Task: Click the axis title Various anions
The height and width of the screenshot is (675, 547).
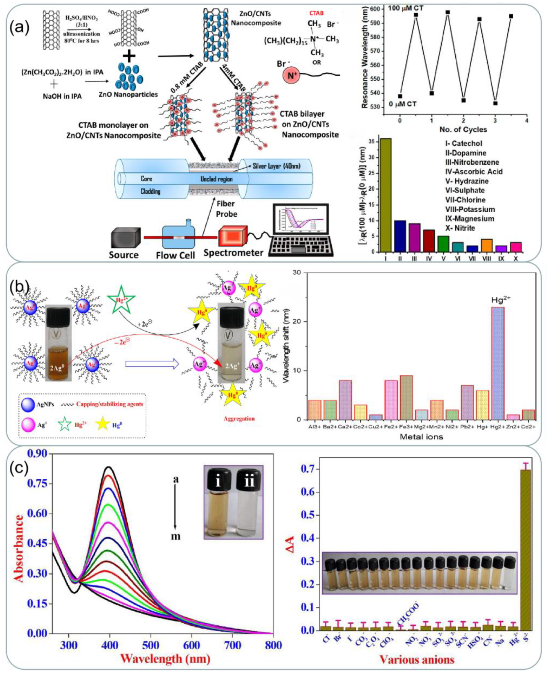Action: pyautogui.click(x=417, y=659)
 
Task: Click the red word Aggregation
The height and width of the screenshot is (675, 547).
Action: pyautogui.click(x=239, y=419)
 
